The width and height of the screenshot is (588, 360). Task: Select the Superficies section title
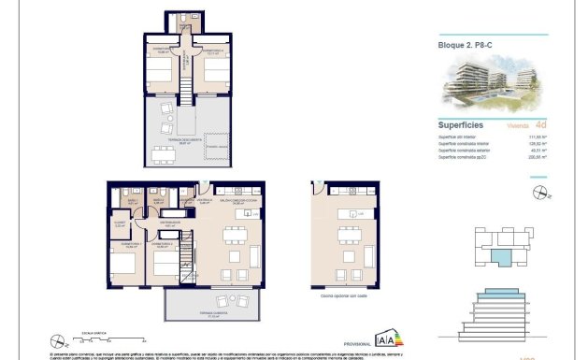(x=461, y=123)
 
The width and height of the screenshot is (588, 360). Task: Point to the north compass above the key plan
(x=538, y=194)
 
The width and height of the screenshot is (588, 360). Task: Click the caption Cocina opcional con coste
(x=342, y=297)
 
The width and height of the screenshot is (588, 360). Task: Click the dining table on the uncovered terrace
(x=165, y=154)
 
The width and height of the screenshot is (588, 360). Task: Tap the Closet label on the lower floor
(x=120, y=223)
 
